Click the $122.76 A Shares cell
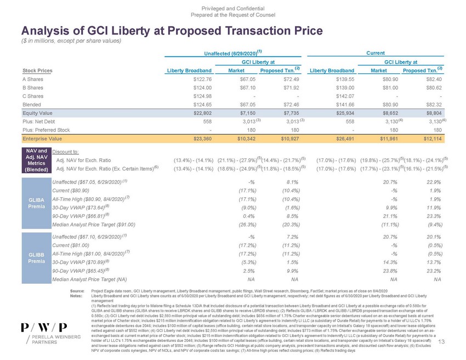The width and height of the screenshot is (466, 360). point(201,79)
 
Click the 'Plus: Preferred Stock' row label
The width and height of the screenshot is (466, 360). point(46,130)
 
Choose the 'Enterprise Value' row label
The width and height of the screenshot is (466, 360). point(43,139)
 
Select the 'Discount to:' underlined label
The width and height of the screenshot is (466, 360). point(69,151)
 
